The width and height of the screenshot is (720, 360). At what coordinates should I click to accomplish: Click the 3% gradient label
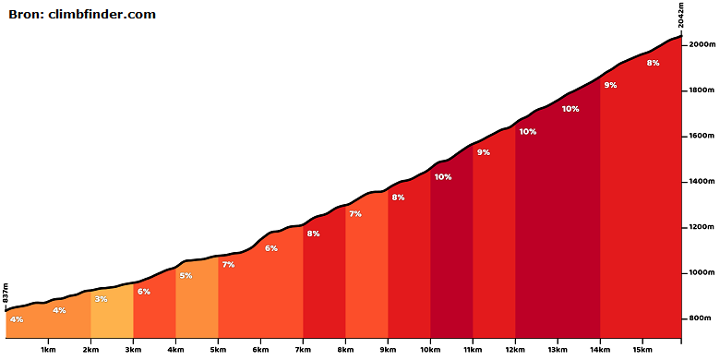point(101,299)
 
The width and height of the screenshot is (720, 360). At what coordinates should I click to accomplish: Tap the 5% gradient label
point(186,276)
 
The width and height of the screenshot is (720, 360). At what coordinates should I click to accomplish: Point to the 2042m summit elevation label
point(681,15)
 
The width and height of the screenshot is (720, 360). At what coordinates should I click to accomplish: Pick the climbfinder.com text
point(102,14)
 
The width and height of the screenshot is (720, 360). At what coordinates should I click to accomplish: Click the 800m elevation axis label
point(703,318)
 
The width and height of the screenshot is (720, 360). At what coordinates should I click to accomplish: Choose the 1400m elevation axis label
point(702,182)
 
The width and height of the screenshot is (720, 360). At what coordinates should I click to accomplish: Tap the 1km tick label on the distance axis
point(48,350)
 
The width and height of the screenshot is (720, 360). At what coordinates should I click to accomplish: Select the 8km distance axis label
point(345,350)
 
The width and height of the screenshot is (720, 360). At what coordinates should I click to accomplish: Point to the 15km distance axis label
point(642,350)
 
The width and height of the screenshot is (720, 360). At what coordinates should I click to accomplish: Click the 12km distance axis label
point(515,350)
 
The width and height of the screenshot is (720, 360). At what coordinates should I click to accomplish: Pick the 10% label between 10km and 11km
point(443,177)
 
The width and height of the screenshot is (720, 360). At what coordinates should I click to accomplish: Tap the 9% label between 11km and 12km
point(484,152)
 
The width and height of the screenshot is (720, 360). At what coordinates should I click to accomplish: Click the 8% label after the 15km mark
point(653,64)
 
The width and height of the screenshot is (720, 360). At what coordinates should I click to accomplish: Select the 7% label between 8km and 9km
point(355,213)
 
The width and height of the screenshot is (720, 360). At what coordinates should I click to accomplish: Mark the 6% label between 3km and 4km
point(144,291)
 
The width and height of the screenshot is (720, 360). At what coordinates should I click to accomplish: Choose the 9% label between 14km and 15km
point(610,85)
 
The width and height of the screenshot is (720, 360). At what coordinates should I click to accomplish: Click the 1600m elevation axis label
point(702,136)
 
